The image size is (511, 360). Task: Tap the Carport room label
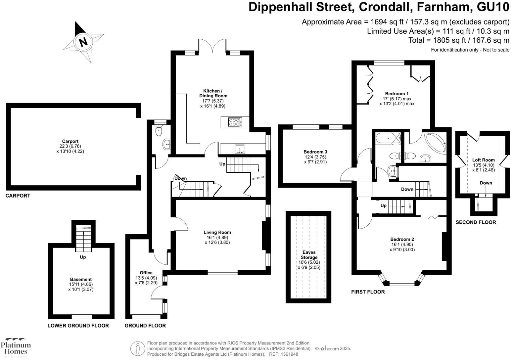tap(70, 141)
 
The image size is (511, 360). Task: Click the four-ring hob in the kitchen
tap(235, 122)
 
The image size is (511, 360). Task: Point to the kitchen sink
tap(239, 149)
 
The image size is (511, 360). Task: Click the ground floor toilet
tap(159, 130)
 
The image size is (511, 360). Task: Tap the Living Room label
tap(217, 232)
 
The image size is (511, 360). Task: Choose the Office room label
tap(146, 273)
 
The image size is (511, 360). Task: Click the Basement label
tap(81, 279)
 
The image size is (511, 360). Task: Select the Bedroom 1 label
tap(397, 94)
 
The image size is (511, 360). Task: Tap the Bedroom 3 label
tap(315, 152)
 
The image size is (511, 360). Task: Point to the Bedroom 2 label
tap(402, 239)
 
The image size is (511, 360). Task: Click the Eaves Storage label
tap(309, 255)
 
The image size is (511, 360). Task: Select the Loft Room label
tap(483, 160)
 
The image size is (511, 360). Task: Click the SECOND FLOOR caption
tap(476, 222)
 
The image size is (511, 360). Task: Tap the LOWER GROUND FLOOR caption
tap(78, 326)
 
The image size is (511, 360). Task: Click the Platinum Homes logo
tap(16, 347)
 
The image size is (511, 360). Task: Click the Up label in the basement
tap(83, 257)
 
